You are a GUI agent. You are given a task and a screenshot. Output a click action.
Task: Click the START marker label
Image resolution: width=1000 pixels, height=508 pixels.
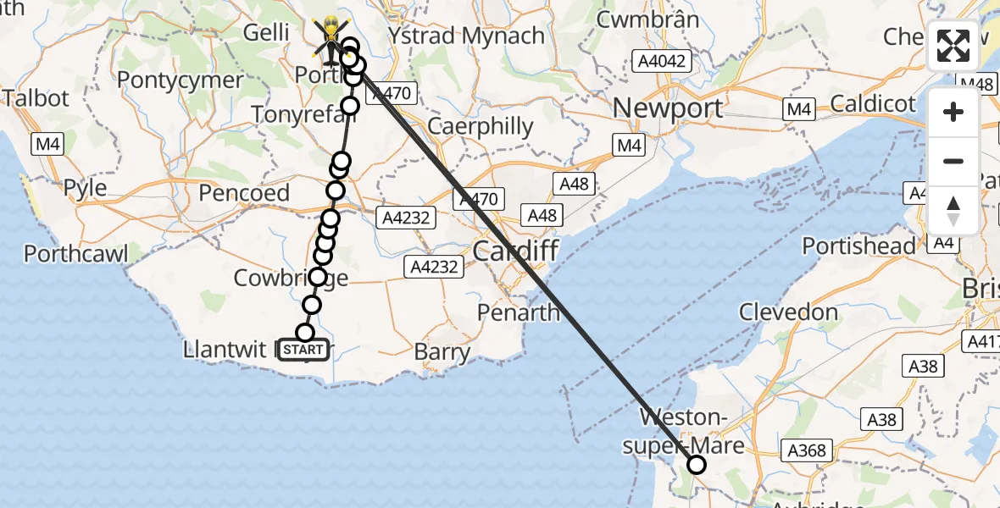(303, 350)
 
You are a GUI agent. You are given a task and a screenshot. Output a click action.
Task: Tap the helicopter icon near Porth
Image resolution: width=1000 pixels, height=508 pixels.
(328, 39)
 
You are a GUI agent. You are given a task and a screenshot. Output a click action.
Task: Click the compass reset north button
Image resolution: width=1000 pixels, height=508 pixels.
(953, 211)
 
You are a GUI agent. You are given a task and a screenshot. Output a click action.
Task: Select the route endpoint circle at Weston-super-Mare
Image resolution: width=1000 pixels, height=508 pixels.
(696, 464)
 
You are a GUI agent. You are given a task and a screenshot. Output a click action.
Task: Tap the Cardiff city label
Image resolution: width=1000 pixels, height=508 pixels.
(515, 251)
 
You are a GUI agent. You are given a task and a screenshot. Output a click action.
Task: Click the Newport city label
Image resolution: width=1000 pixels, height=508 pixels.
(668, 108)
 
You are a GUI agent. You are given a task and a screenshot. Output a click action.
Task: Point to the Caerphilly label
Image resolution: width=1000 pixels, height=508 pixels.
(481, 128)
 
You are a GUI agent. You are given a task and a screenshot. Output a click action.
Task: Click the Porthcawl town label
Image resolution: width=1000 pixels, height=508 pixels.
(76, 254)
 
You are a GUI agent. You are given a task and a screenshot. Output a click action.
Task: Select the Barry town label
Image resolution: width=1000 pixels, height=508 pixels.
(442, 352)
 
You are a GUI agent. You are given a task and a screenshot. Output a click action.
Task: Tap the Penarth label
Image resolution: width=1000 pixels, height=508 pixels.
(519, 312)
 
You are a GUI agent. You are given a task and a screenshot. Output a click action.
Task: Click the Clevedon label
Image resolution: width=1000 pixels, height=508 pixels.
(789, 312)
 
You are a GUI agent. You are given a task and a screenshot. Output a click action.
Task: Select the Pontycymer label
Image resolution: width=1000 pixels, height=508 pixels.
(181, 80)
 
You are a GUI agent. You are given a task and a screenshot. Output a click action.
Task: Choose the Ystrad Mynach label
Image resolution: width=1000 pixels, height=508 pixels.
(466, 36)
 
